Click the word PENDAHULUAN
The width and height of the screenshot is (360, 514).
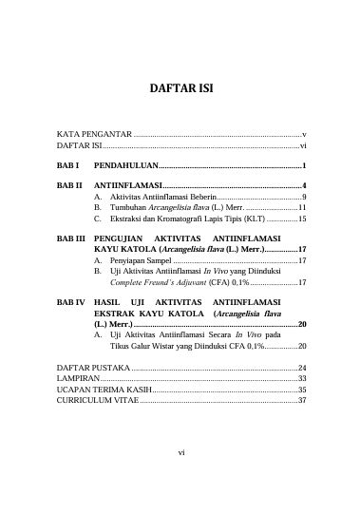131,165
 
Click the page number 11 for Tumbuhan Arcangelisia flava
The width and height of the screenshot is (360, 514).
300,206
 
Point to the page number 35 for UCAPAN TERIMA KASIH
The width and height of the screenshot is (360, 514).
301,389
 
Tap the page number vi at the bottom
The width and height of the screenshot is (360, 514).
180,451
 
